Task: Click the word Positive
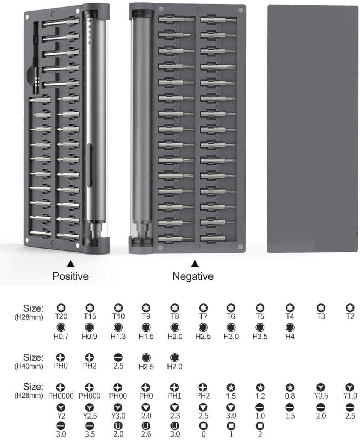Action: pyautogui.click(x=70, y=276)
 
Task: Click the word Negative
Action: pyautogui.click(x=193, y=276)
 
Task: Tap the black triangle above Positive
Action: pyautogui.click(x=71, y=264)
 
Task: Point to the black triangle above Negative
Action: pyautogui.click(x=195, y=264)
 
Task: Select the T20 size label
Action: pyautogui.click(x=61, y=317)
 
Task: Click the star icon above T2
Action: pyautogui.click(x=350, y=308)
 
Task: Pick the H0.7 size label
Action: pyautogui.click(x=61, y=336)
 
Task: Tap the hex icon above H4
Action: pyautogui.click(x=290, y=328)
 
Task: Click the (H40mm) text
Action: pyautogui.click(x=29, y=366)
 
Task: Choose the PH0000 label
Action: pyautogui.click(x=61, y=396)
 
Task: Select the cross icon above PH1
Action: pyautogui.click(x=175, y=387)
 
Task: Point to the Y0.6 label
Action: pyautogui.click(x=321, y=396)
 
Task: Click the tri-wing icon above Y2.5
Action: pyautogui.click(x=90, y=407)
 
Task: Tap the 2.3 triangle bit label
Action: pyautogui.click(x=175, y=416)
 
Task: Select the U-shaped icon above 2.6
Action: pyautogui.click(x=146, y=426)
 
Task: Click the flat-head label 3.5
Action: pyautogui.click(x=90, y=434)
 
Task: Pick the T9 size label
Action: pyautogui.click(x=146, y=317)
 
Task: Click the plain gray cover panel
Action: pyautogui.click(x=313, y=129)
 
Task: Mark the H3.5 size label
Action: pyautogui.click(x=260, y=336)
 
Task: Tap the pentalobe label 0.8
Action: pyautogui.click(x=290, y=396)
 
